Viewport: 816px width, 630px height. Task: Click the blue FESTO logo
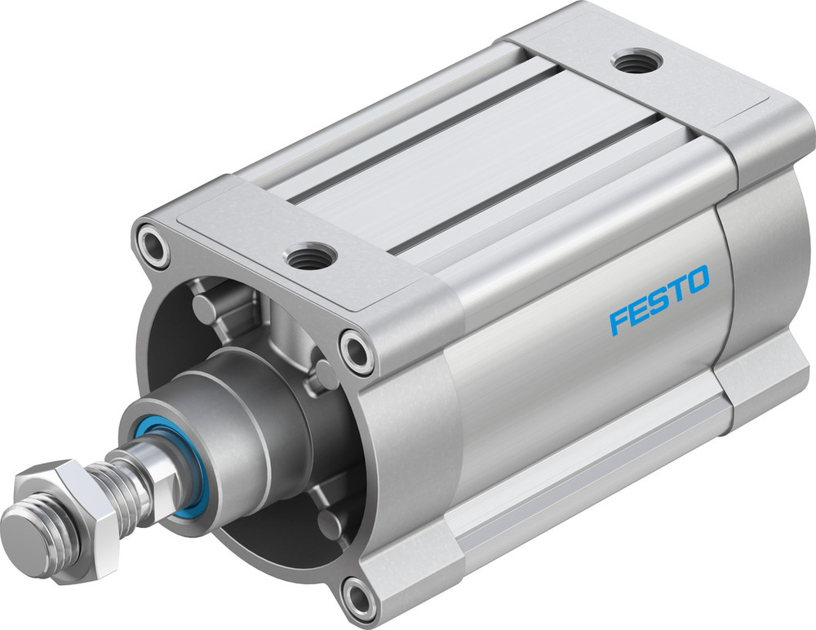[659, 299]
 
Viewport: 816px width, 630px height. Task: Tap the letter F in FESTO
[620, 321]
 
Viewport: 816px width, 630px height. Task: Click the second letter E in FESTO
[640, 310]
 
